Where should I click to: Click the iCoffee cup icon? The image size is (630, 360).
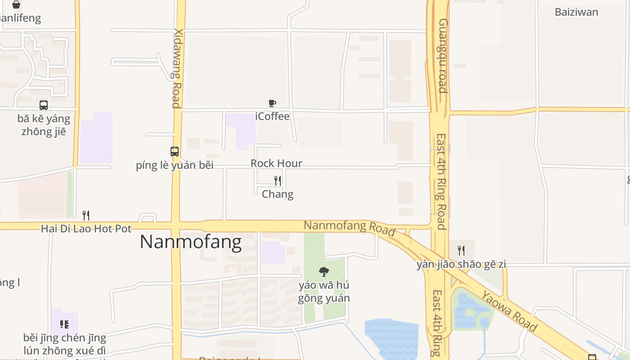[272, 103]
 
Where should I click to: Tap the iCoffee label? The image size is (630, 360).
[272, 116]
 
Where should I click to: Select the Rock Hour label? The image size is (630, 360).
[276, 163]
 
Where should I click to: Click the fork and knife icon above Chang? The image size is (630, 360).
[278, 180]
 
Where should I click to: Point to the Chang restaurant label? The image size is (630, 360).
[278, 194]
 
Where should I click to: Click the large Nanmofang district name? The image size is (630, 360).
[191, 242]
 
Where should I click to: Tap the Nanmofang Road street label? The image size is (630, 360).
[349, 228]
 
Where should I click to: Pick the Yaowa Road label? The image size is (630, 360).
[509, 311]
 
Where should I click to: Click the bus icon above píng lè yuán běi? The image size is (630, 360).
[175, 152]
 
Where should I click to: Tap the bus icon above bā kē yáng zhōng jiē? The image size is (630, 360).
[44, 105]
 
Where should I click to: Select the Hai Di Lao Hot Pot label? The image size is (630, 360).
[86, 229]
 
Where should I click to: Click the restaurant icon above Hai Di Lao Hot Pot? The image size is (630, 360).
[86, 216]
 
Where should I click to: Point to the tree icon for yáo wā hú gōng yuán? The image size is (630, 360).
[324, 271]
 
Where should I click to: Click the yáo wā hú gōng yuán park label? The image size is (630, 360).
[324, 292]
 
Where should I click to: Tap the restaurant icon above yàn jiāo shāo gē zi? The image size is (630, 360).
[461, 251]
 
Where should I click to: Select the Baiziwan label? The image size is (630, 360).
[576, 12]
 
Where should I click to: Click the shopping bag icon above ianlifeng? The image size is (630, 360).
[16, 5]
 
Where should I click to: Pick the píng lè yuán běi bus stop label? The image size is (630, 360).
[175, 165]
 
